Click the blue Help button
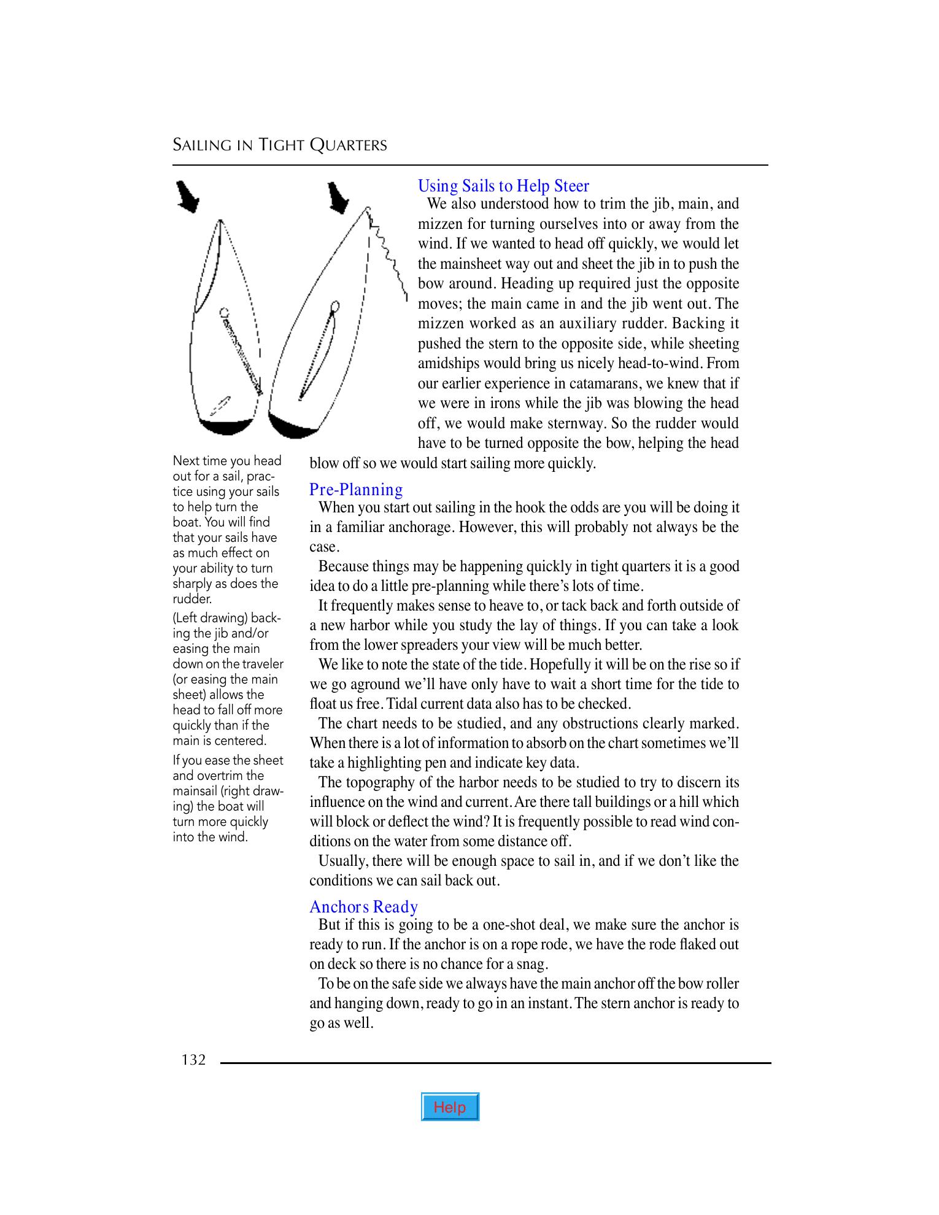coord(450,1106)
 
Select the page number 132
coord(193,1060)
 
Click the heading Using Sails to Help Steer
coord(503,186)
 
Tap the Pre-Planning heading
coord(356,490)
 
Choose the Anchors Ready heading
coord(363,907)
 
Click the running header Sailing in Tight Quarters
coord(280,145)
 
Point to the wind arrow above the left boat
coord(187,196)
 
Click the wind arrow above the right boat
coord(337,198)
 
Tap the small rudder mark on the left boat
coord(219,406)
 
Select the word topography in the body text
coord(387,782)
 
